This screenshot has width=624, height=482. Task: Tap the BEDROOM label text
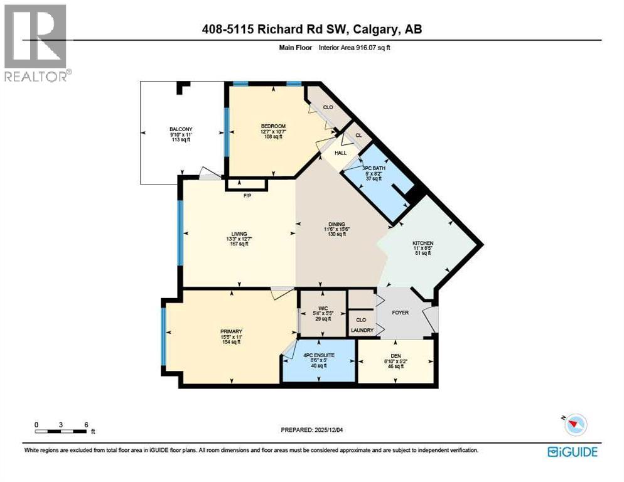(x=273, y=126)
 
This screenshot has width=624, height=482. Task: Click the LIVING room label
(x=238, y=233)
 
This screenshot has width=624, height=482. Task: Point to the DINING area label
(x=336, y=223)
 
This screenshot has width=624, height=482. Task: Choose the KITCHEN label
(x=422, y=243)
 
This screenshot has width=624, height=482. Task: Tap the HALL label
(x=340, y=153)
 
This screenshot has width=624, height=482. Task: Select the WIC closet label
(x=322, y=307)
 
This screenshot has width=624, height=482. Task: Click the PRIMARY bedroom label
(x=231, y=331)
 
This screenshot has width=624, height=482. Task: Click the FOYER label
(x=400, y=312)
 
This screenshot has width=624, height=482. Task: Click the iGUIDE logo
(x=572, y=452)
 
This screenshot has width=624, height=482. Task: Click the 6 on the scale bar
(x=85, y=424)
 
